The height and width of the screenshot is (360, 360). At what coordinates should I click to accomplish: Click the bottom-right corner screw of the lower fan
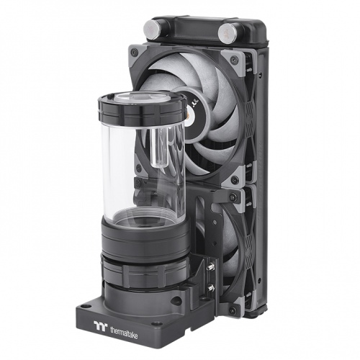(232, 310)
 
